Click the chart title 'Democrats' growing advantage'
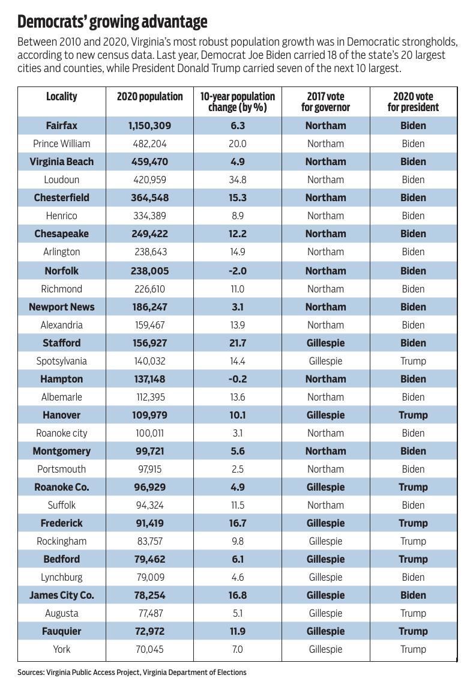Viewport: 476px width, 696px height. [112, 22]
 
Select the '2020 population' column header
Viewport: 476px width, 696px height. [149, 97]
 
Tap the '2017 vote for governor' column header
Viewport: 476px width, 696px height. [325, 102]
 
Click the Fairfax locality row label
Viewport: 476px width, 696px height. [61, 126]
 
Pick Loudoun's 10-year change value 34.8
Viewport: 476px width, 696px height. [238, 180]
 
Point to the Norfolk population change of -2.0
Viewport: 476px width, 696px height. [238, 271]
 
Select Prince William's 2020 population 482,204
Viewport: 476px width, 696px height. [149, 144]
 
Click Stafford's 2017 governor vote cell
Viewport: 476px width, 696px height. [325, 343]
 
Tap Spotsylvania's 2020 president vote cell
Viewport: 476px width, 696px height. [413, 361]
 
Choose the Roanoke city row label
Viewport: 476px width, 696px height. [61, 433]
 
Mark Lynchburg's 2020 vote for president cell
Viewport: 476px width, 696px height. [413, 577]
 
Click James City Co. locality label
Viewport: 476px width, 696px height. [61, 595]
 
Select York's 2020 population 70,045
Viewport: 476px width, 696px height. [149, 649]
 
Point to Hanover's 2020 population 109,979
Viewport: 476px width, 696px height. [149, 415]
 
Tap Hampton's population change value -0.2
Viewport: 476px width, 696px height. [238, 379]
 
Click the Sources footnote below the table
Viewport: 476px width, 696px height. [132, 673]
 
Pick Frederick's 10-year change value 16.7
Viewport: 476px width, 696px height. [238, 523]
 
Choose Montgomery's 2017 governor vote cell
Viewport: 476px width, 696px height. [325, 451]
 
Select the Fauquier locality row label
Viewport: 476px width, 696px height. [61, 631]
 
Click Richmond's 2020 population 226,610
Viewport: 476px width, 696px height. [149, 289]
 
